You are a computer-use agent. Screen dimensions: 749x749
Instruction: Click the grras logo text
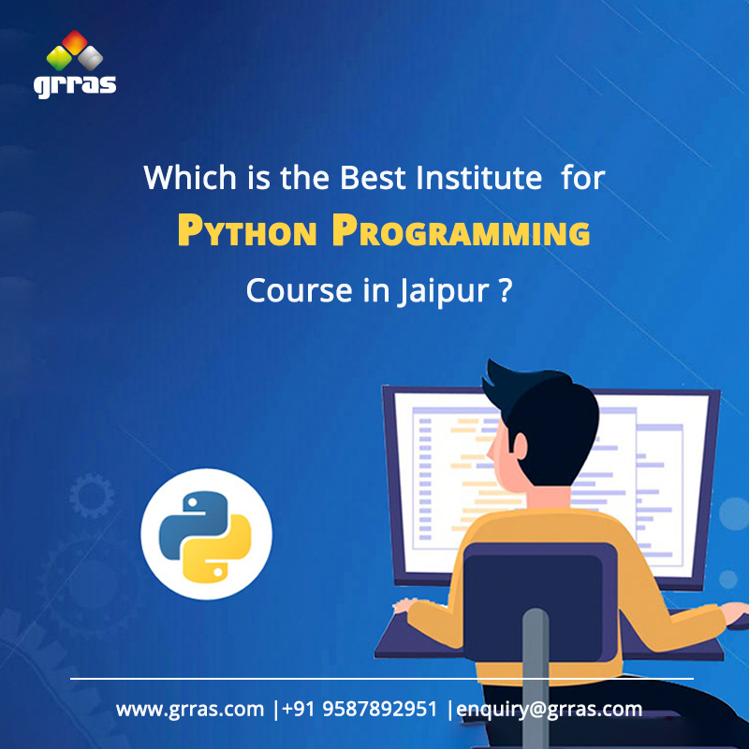point(75,83)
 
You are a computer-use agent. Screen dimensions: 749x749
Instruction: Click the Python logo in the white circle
point(206,536)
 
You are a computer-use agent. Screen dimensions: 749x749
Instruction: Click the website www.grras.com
point(190,709)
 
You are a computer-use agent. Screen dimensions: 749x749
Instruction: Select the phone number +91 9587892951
point(360,709)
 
